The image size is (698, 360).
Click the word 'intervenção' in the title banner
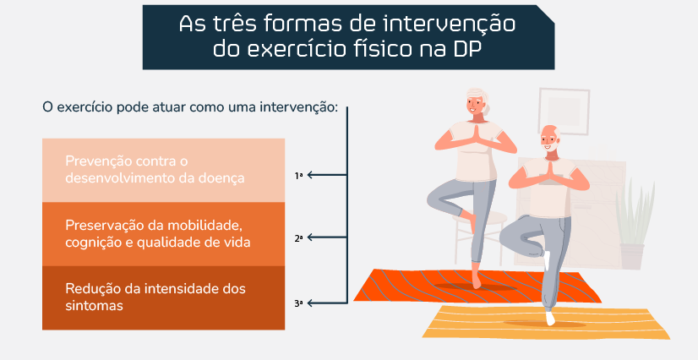click(x=449, y=24)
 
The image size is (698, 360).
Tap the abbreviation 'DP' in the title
click(x=466, y=48)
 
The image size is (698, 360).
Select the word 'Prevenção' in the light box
click(x=98, y=161)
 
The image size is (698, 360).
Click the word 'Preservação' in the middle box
click(x=103, y=225)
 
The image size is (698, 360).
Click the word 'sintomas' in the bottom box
click(x=94, y=306)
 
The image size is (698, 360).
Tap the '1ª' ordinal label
click(x=298, y=176)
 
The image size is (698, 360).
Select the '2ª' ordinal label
click(x=298, y=238)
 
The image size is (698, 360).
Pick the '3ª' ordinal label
click(x=298, y=304)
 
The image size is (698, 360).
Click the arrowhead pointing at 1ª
click(x=310, y=175)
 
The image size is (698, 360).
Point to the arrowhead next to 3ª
click(x=310, y=303)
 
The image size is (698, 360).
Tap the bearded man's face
click(x=550, y=139)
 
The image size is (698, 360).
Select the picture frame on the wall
click(x=564, y=112)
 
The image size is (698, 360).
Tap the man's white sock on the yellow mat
click(x=550, y=318)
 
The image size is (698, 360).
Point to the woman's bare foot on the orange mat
click(x=477, y=281)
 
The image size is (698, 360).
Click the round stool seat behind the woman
click(x=480, y=218)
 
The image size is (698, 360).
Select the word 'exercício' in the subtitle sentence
click(x=85, y=107)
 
